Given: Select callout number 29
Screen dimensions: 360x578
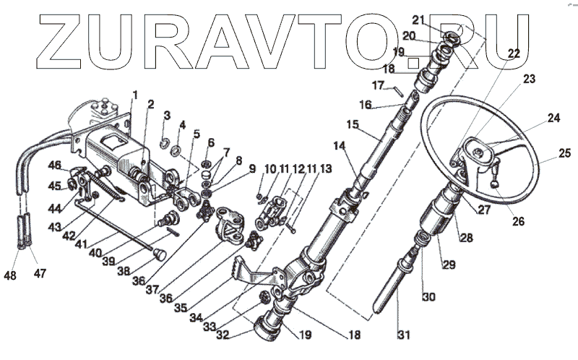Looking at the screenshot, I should [449, 265].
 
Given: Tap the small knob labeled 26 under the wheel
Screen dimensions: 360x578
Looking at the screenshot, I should [494, 187].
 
